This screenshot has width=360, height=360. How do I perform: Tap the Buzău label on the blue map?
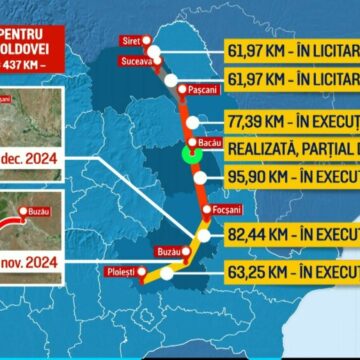pos(169,252)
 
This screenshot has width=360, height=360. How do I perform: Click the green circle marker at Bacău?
pos(188,157)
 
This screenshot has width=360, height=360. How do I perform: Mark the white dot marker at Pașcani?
pos(180,89)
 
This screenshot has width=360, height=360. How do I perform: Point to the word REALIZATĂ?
pos(263,149)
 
